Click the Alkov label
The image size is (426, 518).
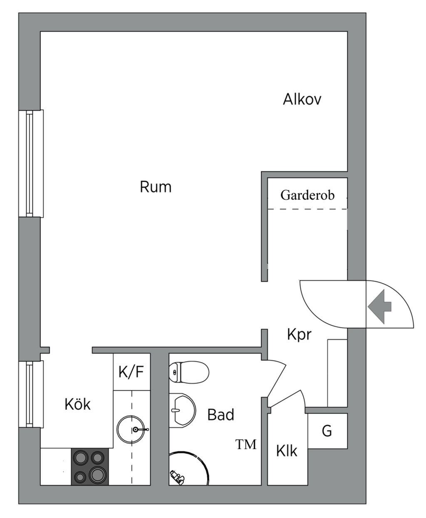pyautogui.click(x=302, y=99)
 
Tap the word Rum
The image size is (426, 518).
pyautogui.click(x=156, y=187)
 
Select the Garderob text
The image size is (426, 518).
pyautogui.click(x=307, y=195)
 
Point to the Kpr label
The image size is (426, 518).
pyautogui.click(x=299, y=334)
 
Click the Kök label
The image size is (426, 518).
pyautogui.click(x=77, y=404)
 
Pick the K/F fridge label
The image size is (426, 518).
pyautogui.click(x=131, y=372)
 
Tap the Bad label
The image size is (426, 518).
pyautogui.click(x=221, y=414)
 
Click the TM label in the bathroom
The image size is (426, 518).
pyautogui.click(x=246, y=444)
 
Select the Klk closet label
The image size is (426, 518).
pyautogui.click(x=287, y=451)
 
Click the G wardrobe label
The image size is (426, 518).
pyautogui.click(x=327, y=431)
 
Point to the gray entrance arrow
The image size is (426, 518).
pyautogui.click(x=379, y=307)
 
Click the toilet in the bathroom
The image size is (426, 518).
pyautogui.click(x=189, y=372)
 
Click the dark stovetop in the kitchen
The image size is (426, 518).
pyautogui.click(x=90, y=466)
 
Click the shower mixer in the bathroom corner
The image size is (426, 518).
pyautogui.click(x=177, y=477)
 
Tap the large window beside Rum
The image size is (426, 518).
pyautogui.click(x=31, y=164)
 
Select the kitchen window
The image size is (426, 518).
pyautogui.click(x=31, y=394)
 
